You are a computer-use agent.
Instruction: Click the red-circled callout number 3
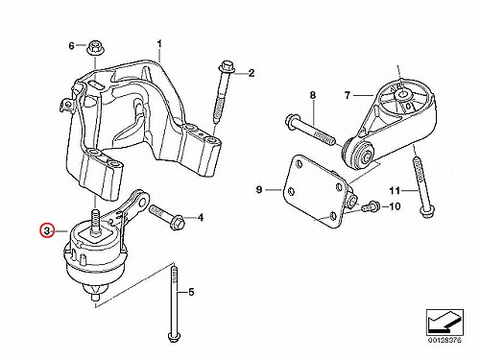point(47,230)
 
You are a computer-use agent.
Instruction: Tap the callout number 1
point(159,44)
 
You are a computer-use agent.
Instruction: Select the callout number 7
point(348,95)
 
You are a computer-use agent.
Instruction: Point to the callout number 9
point(259,189)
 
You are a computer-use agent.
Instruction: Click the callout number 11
point(395,191)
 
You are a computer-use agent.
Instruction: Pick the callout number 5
point(191,292)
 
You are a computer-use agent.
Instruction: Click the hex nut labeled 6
point(94,48)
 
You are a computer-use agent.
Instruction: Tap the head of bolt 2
point(227,67)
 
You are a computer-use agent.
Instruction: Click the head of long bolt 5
point(174,338)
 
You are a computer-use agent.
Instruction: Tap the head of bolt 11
point(427,212)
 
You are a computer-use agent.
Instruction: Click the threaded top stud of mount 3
point(95,222)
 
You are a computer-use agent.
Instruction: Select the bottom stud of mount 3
point(95,295)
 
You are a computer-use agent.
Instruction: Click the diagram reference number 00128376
point(444,340)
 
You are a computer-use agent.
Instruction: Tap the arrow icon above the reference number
point(444,322)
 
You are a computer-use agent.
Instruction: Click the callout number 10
point(395,206)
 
